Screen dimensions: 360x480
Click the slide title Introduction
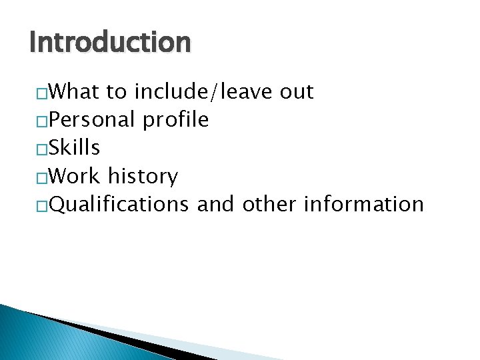110,43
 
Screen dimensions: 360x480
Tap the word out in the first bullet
297,91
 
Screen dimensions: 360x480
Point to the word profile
175,120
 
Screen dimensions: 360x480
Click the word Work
75,176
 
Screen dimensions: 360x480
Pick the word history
143,177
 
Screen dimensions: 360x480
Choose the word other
270,204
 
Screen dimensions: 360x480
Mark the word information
363,204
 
